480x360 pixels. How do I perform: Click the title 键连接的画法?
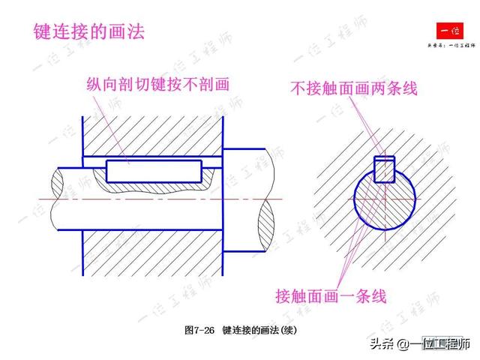tap(88, 31)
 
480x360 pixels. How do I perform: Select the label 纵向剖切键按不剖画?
tap(157, 84)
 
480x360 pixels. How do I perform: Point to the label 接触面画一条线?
tap(331, 295)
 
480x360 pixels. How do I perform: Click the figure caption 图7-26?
tap(199, 330)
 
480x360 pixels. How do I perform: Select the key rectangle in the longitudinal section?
tap(153, 171)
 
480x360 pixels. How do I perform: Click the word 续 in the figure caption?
tap(298, 330)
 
